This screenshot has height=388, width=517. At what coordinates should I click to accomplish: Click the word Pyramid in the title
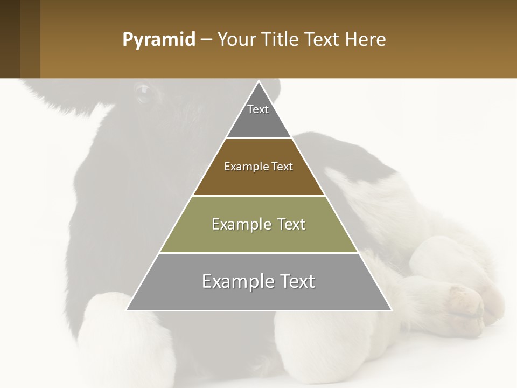pyautogui.click(x=159, y=40)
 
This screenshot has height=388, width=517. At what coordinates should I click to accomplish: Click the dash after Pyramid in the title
pyautogui.click(x=206, y=40)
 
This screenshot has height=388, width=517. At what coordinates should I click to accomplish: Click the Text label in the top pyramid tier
pyautogui.click(x=258, y=109)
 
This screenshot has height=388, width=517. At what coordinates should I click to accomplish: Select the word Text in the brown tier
pyautogui.click(x=283, y=167)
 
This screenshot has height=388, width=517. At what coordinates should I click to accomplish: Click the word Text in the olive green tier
pyautogui.click(x=292, y=224)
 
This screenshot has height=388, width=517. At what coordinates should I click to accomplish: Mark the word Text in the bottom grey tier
pyautogui.click(x=297, y=281)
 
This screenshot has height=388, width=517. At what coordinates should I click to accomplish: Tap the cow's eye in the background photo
pyautogui.click(x=143, y=93)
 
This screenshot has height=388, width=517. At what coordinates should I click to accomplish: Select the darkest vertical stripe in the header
pyautogui.click(x=10, y=39)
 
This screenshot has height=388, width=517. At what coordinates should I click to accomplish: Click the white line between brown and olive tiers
pyautogui.click(x=259, y=196)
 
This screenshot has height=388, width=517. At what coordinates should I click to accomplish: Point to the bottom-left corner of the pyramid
pyautogui.click(x=128, y=310)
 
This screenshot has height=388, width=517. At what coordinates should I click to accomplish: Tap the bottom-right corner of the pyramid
pyautogui.click(x=390, y=310)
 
